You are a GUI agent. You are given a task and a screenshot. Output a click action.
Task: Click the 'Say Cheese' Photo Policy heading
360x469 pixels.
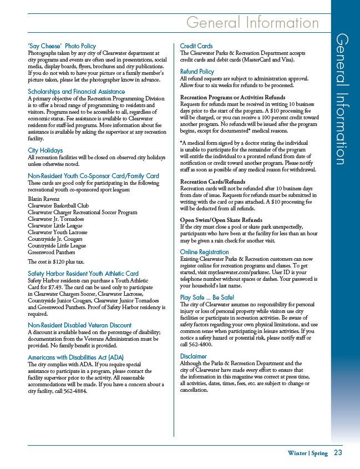click(62, 46)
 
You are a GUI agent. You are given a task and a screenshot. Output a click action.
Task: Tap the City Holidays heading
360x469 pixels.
click(45, 150)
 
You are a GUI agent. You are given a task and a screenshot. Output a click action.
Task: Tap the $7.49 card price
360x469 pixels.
click(53, 287)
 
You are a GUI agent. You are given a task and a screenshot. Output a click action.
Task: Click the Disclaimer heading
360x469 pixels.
click(194, 356)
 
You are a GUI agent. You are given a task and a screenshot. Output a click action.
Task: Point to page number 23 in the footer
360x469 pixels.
click(338, 452)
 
